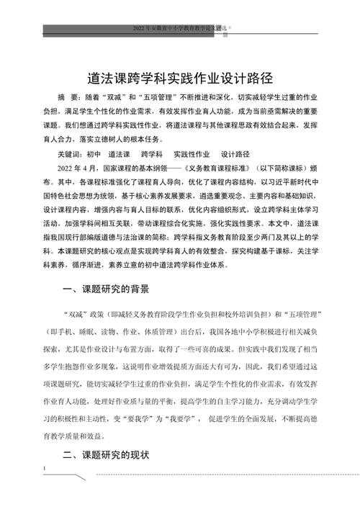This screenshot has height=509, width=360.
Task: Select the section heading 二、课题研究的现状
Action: (106, 454)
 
